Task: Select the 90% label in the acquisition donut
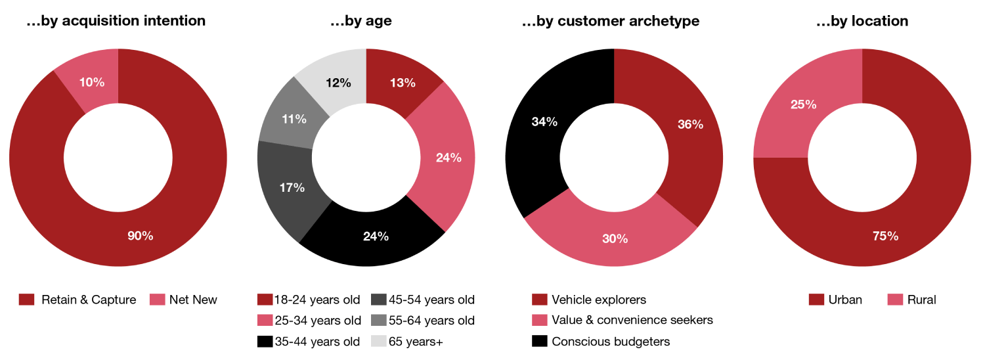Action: coord(140,236)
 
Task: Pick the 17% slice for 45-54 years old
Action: coord(292,187)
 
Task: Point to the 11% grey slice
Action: coord(293,120)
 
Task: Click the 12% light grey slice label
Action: coord(338,83)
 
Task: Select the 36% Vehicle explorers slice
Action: coord(689,124)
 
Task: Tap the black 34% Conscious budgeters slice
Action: coord(544,122)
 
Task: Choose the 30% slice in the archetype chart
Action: coord(615,238)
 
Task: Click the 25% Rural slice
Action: coord(803,104)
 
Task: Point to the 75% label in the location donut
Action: coord(885,236)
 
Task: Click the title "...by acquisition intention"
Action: coord(116,21)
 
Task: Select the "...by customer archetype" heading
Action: coord(610,21)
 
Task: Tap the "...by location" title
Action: coord(862,21)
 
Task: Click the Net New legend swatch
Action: coord(158,300)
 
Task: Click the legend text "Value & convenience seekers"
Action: coord(632,321)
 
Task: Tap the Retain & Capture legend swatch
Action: coord(26,300)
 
